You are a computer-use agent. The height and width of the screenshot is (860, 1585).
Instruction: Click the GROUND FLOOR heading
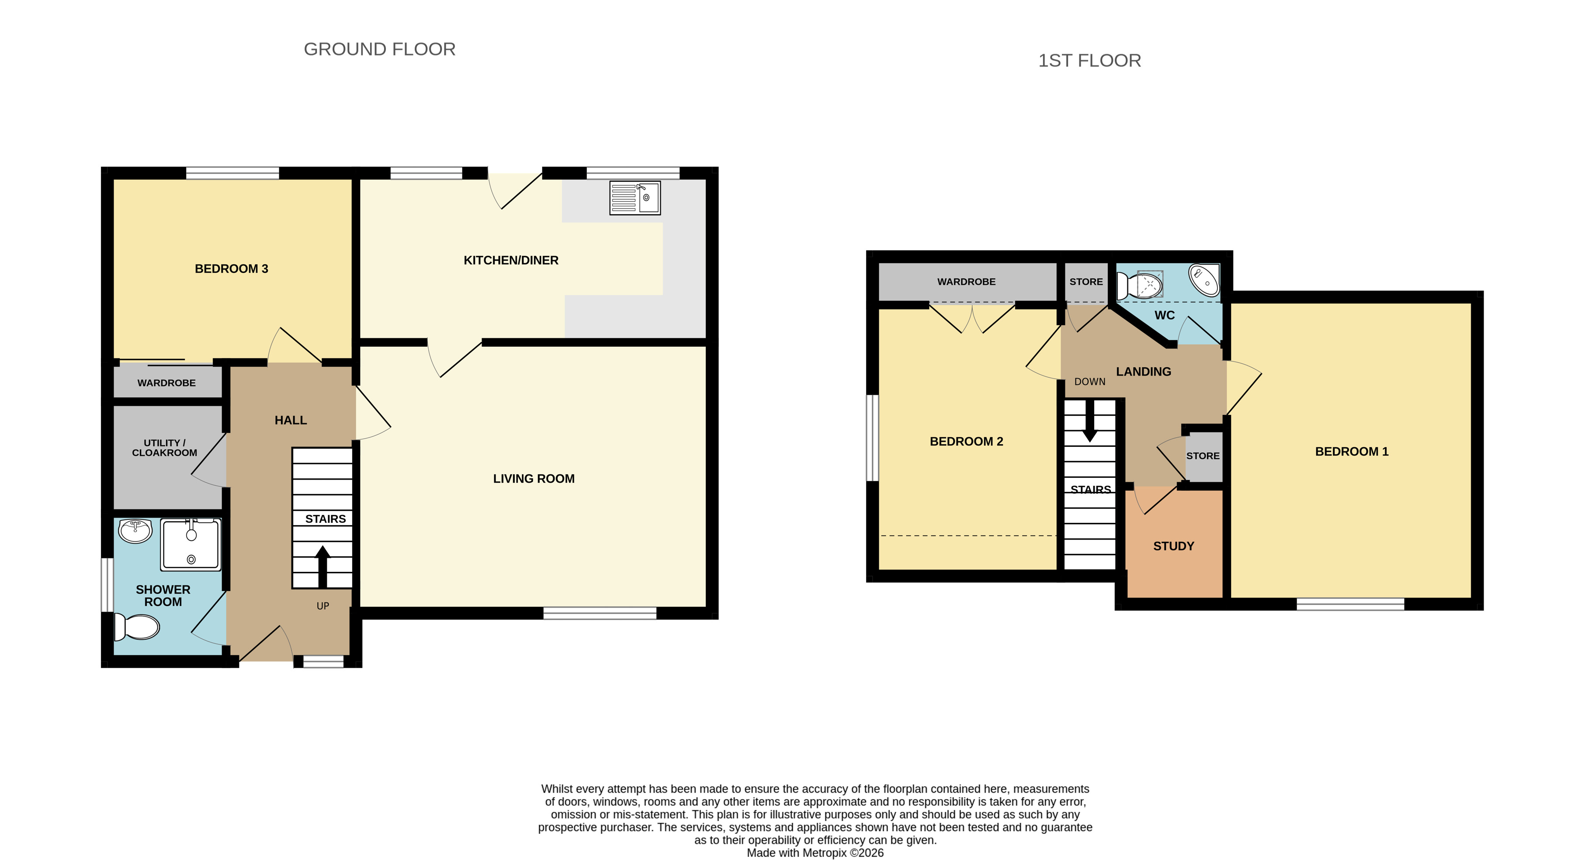click(x=380, y=49)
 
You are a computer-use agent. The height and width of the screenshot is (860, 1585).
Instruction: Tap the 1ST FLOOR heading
click(x=1090, y=60)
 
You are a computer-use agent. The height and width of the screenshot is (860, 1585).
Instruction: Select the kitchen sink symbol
click(x=635, y=198)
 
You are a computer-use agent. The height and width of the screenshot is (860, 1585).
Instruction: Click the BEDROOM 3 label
click(x=231, y=268)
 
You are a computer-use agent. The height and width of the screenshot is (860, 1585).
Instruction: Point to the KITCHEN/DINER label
click(x=511, y=261)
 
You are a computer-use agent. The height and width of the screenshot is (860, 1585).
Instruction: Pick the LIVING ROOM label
click(x=534, y=478)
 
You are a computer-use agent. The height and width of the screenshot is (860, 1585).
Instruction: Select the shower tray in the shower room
click(x=191, y=544)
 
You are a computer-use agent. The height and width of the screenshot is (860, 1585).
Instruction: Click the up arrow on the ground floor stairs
click(x=323, y=566)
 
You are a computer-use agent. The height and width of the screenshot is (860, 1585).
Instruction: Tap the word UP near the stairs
click(x=323, y=606)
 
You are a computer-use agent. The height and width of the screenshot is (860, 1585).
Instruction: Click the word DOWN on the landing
click(x=1090, y=382)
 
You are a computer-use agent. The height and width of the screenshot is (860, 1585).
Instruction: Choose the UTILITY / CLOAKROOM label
click(x=164, y=448)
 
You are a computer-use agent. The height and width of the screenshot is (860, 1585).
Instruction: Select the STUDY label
click(x=1173, y=546)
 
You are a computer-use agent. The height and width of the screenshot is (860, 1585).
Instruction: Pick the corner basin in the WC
click(x=1203, y=280)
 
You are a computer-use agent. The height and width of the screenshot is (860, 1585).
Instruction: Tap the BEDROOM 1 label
click(x=1352, y=451)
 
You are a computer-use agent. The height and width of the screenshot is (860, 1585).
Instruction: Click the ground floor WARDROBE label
click(x=166, y=383)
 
